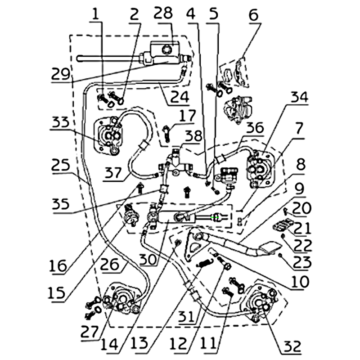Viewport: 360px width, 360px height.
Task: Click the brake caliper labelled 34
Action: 260,171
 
